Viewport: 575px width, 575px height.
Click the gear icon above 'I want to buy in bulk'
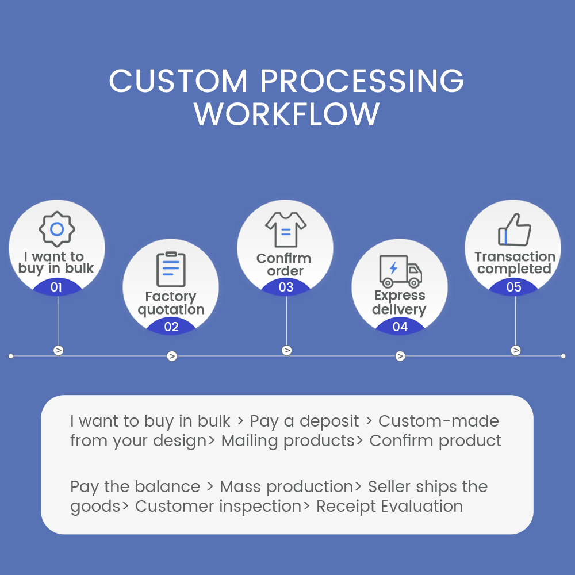point(57,229)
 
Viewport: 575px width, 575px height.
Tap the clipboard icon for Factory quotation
point(171,269)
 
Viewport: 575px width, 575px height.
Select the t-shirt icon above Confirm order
point(286,229)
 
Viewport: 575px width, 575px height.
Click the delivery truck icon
point(400,271)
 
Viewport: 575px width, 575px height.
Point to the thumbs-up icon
point(514,230)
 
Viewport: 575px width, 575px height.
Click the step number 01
point(56,287)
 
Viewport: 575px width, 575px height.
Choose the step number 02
point(171,327)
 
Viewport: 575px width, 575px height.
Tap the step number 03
point(286,287)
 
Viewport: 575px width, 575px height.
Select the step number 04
point(400,327)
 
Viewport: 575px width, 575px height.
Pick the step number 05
point(513,287)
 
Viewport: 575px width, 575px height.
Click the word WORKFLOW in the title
point(286,114)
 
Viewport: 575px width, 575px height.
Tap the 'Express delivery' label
point(400,302)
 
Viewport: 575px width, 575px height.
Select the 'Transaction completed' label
point(515,263)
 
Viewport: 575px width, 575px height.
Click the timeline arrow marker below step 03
point(287,350)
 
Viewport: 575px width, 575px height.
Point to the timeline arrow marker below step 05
point(516,350)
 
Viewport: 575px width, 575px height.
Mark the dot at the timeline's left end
point(11,356)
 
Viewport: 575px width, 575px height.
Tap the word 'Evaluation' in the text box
point(425,507)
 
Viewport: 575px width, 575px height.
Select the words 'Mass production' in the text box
point(286,487)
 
